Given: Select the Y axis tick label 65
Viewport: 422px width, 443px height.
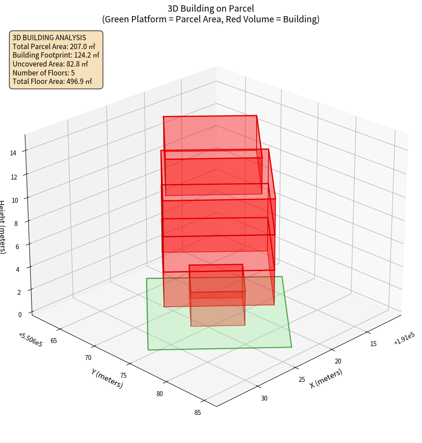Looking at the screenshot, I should [x=54, y=341].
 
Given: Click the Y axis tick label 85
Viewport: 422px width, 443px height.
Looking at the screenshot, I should [x=198, y=413].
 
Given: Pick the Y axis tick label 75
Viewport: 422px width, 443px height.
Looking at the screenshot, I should [x=123, y=376].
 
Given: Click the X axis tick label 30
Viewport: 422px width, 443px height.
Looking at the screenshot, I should [x=264, y=398].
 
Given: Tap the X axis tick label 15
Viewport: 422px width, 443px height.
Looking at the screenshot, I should [x=373, y=343].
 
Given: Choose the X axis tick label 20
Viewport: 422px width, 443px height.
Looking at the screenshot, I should [x=338, y=361].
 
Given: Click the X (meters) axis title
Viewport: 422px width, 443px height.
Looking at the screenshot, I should [x=326, y=378].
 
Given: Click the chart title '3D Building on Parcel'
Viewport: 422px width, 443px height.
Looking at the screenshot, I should [x=211, y=8].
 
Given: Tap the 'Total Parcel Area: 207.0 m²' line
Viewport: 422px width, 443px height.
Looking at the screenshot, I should [x=54, y=46].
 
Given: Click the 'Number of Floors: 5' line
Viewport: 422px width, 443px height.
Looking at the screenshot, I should [x=43, y=73].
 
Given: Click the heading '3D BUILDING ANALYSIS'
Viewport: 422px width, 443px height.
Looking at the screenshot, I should [x=49, y=38].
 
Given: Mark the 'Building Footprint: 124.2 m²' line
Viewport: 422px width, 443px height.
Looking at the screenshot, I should [x=56, y=55].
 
